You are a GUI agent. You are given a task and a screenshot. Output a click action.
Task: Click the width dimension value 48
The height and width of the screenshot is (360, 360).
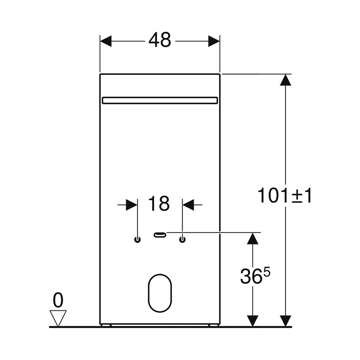pyautogui.click(x=160, y=41)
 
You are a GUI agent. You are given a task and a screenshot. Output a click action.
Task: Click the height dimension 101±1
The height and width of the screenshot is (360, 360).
pyautogui.click(x=284, y=195)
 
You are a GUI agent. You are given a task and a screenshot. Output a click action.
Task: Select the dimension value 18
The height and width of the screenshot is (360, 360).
pyautogui.click(x=159, y=204)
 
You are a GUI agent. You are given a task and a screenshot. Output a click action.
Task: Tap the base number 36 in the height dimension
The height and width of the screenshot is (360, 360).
pyautogui.click(x=249, y=277)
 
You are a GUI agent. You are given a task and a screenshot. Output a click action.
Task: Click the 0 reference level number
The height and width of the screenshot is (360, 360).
pyautogui.click(x=58, y=300)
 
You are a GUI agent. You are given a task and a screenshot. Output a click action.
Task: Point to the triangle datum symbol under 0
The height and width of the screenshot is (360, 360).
pyautogui.click(x=58, y=317)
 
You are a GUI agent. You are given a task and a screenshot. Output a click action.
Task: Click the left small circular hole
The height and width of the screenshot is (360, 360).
pyautogui.click(x=137, y=240)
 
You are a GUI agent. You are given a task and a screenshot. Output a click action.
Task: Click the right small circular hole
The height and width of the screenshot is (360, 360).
pyautogui.click(x=183, y=240)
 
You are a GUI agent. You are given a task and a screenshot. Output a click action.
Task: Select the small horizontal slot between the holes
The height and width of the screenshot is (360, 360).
pyautogui.click(x=160, y=235)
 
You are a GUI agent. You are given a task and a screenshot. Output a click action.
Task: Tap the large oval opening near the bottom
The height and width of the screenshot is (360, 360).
pyautogui.click(x=160, y=293)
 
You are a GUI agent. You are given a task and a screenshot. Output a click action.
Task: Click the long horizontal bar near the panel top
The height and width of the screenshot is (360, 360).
pyautogui.click(x=160, y=100)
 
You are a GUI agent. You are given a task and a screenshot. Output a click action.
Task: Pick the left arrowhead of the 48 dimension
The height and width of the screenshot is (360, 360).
pyautogui.click(x=106, y=41)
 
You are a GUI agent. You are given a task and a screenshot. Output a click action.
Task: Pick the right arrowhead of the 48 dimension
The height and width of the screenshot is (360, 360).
pyautogui.click(x=214, y=41)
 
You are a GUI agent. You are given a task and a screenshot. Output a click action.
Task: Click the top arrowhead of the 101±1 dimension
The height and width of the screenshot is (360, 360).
pyautogui.click(x=286, y=80)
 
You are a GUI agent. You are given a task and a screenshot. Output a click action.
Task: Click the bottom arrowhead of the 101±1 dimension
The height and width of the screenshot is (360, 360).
pyautogui.click(x=286, y=321)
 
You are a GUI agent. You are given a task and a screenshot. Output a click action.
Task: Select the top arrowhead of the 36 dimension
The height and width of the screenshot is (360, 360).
pyautogui.click(x=253, y=238)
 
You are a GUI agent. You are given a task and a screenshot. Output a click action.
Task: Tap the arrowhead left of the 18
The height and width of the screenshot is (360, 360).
pyautogui.click(x=132, y=205)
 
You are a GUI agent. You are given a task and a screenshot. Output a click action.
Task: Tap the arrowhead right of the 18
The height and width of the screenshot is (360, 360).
pyautogui.click(x=188, y=205)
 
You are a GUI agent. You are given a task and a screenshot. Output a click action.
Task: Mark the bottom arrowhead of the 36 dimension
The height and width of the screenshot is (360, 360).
pyautogui.click(x=253, y=321)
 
